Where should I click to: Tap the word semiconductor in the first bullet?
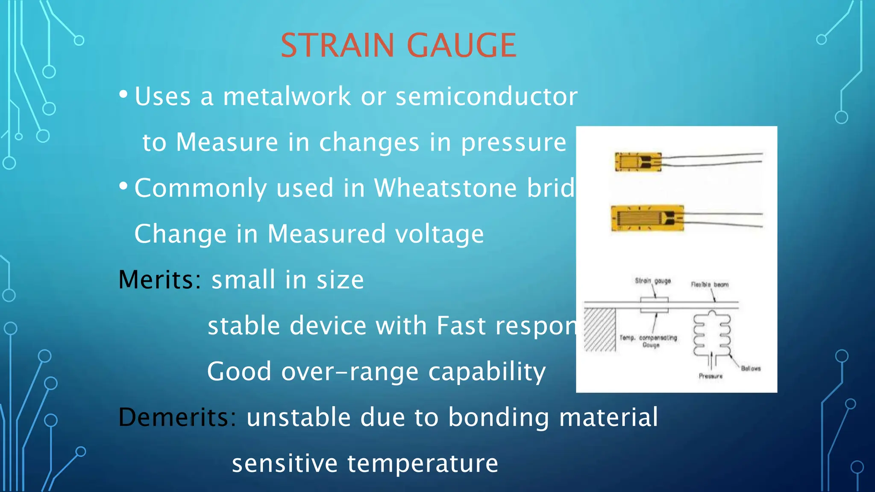[486, 97]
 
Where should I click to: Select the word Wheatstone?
[445, 188]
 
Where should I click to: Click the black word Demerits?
[174, 417]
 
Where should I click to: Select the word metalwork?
[287, 97]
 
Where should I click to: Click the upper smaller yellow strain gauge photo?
[638, 162]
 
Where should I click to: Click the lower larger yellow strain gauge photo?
[647, 218]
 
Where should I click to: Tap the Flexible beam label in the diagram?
[710, 284]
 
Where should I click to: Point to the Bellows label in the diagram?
[750, 368]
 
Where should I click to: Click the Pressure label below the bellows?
[711, 376]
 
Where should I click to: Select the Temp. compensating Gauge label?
[649, 341]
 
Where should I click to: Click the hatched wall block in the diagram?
[599, 330]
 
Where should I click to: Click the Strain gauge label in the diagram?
[652, 281]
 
